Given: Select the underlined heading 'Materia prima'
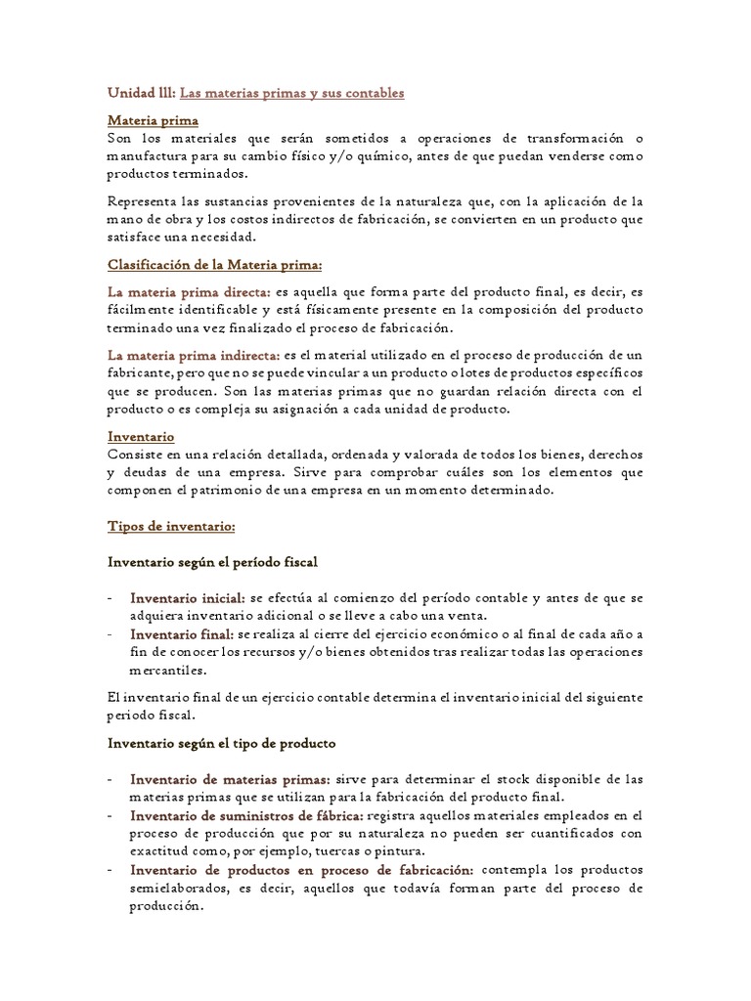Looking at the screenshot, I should (153, 120).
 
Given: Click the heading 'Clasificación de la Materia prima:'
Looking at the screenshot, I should (214, 265).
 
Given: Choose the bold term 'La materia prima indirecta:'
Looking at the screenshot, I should (196, 355).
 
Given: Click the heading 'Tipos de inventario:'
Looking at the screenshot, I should (171, 526).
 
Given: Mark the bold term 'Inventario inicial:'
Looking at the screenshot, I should (189, 597).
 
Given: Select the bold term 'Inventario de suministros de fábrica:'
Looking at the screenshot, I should (247, 815).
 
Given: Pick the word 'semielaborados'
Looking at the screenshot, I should (179, 887).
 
